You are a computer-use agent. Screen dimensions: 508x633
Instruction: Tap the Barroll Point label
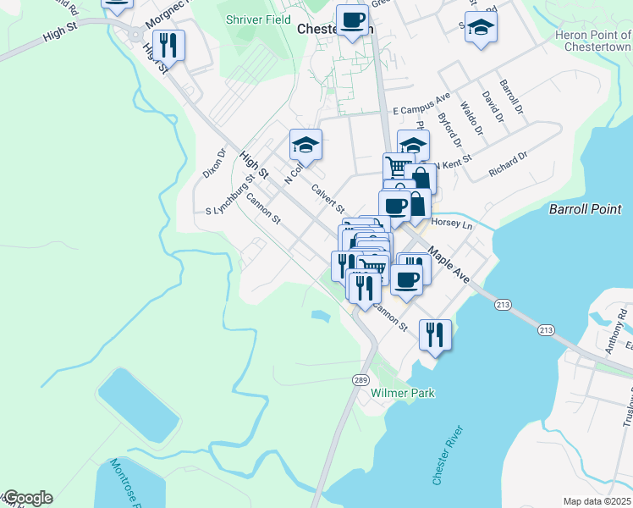pyautogui.click(x=585, y=209)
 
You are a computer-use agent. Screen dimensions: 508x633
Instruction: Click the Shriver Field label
pyautogui.click(x=259, y=19)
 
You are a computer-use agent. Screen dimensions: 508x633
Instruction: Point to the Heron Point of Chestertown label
pyautogui.click(x=593, y=41)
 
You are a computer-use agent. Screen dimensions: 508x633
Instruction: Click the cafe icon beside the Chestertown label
pyautogui.click(x=352, y=19)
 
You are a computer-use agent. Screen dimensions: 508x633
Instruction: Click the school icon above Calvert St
pyautogui.click(x=305, y=145)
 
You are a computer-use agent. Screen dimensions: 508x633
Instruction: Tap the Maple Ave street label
pyautogui.click(x=449, y=264)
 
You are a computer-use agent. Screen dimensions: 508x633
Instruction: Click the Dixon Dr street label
pyautogui.click(x=215, y=163)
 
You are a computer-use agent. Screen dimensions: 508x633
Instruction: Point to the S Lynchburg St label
pyautogui.click(x=229, y=196)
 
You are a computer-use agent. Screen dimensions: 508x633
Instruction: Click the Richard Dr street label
pyautogui.click(x=508, y=165)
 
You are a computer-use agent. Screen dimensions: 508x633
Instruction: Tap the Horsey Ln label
pyautogui.click(x=451, y=224)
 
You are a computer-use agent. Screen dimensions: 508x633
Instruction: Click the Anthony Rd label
pyautogui.click(x=623, y=323)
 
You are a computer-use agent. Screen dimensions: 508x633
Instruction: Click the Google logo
pyautogui.click(x=27, y=498)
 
